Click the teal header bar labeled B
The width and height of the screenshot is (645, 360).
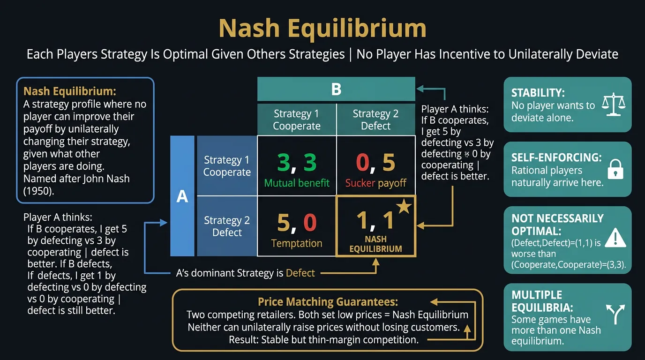click(x=336, y=89)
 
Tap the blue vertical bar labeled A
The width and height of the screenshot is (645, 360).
click(x=182, y=196)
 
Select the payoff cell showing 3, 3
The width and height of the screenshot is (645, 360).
click(x=297, y=165)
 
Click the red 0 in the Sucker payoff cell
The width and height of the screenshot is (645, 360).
click(x=362, y=162)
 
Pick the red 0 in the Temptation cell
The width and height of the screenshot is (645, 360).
click(x=309, y=223)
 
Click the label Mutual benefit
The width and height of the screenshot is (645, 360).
click(x=297, y=183)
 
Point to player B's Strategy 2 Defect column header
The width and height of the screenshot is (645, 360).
click(x=375, y=120)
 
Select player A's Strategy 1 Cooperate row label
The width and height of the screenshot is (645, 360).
click(x=227, y=166)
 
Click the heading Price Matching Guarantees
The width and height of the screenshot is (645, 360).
click(x=328, y=302)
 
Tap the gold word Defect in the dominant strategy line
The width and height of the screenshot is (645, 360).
click(x=300, y=273)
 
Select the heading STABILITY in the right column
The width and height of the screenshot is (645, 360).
click(x=536, y=93)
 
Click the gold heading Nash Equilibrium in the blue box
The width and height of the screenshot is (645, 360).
click(x=69, y=91)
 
